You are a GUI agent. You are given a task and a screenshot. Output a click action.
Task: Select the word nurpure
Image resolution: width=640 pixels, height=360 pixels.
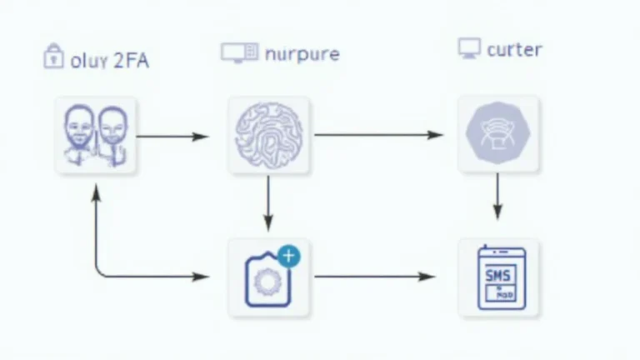tap(301, 55)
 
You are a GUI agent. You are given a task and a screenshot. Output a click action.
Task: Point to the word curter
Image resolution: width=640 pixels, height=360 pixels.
tap(514, 50)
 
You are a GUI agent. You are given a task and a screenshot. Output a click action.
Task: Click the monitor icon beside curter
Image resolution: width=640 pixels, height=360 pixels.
tap(469, 47)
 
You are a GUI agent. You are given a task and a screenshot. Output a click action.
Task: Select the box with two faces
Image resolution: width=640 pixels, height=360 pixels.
tap(96, 135)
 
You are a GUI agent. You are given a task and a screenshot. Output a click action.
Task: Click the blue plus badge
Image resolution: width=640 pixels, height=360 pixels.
tap(288, 256)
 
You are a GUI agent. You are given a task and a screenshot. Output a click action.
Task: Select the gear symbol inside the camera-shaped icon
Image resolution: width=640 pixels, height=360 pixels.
tap(267, 281)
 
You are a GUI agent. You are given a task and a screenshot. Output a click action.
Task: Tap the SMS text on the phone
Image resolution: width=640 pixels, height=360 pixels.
tap(500, 274)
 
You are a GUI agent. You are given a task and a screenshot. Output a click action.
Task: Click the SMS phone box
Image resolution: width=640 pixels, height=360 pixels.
tap(498, 277)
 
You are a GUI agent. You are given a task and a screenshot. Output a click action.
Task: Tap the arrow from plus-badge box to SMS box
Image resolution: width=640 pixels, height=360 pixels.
tap(375, 276)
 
